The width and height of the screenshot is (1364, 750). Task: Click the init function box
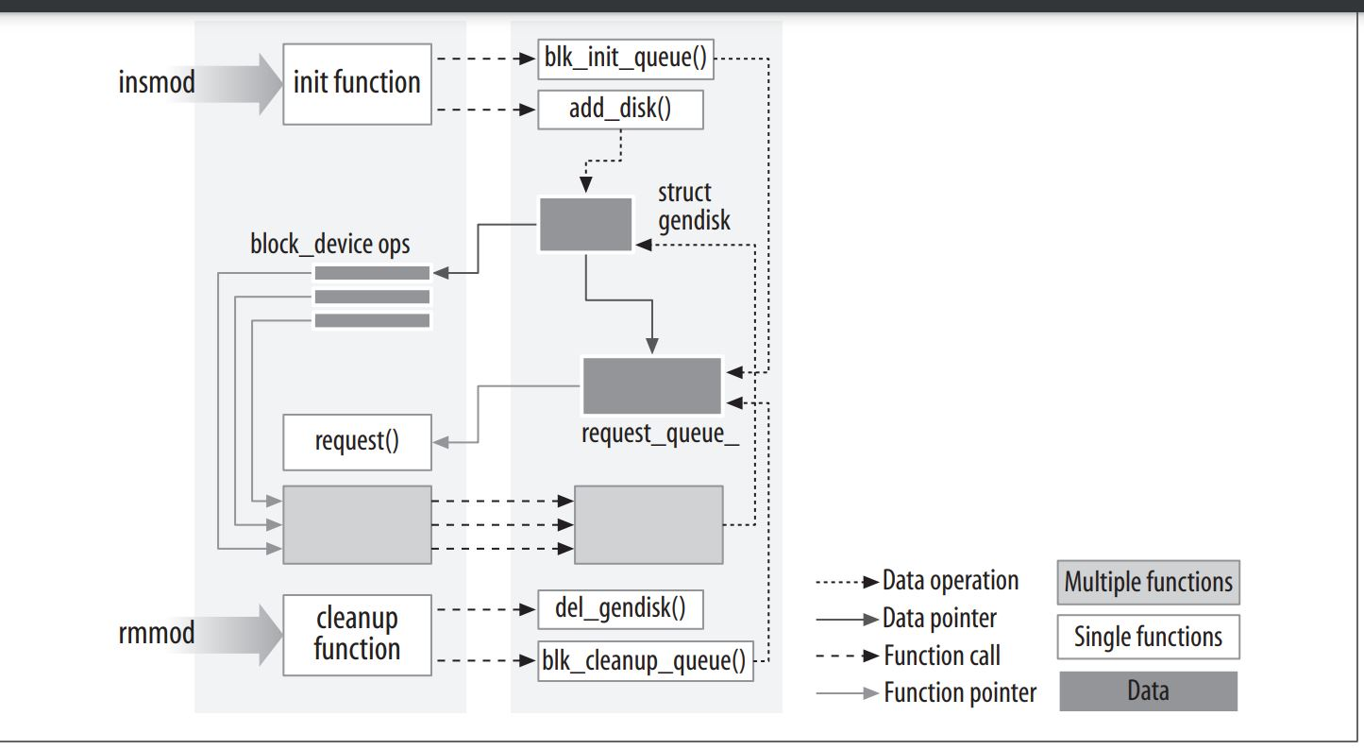point(356,83)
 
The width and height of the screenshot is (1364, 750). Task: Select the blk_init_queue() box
point(625,60)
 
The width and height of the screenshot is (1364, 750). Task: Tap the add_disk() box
point(620,110)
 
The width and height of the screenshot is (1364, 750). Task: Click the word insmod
point(157,82)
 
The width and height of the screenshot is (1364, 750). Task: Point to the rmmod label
point(157,633)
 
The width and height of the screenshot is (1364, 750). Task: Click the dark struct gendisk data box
point(585,224)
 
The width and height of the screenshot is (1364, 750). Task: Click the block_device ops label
point(330,245)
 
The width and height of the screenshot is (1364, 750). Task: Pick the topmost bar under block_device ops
point(372,273)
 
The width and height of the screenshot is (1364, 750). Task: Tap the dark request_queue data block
point(651,386)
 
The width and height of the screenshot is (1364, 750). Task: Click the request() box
point(357,442)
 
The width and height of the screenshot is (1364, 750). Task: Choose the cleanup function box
point(356,634)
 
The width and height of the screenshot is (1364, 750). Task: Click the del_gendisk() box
point(620,608)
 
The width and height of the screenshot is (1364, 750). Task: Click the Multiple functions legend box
point(1148,583)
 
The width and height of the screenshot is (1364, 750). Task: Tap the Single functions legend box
point(1148,638)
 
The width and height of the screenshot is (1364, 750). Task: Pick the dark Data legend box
point(1148,691)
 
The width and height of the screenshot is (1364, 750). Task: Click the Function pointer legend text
point(959,693)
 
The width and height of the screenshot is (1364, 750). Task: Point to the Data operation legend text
point(950,581)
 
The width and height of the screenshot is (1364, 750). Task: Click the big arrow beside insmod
point(241,83)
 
